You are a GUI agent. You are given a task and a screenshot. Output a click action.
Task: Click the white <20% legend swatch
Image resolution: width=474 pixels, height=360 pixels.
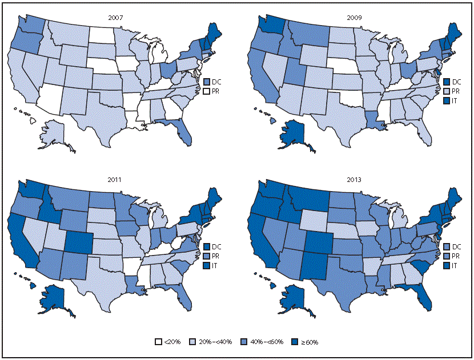click(x=158, y=342)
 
